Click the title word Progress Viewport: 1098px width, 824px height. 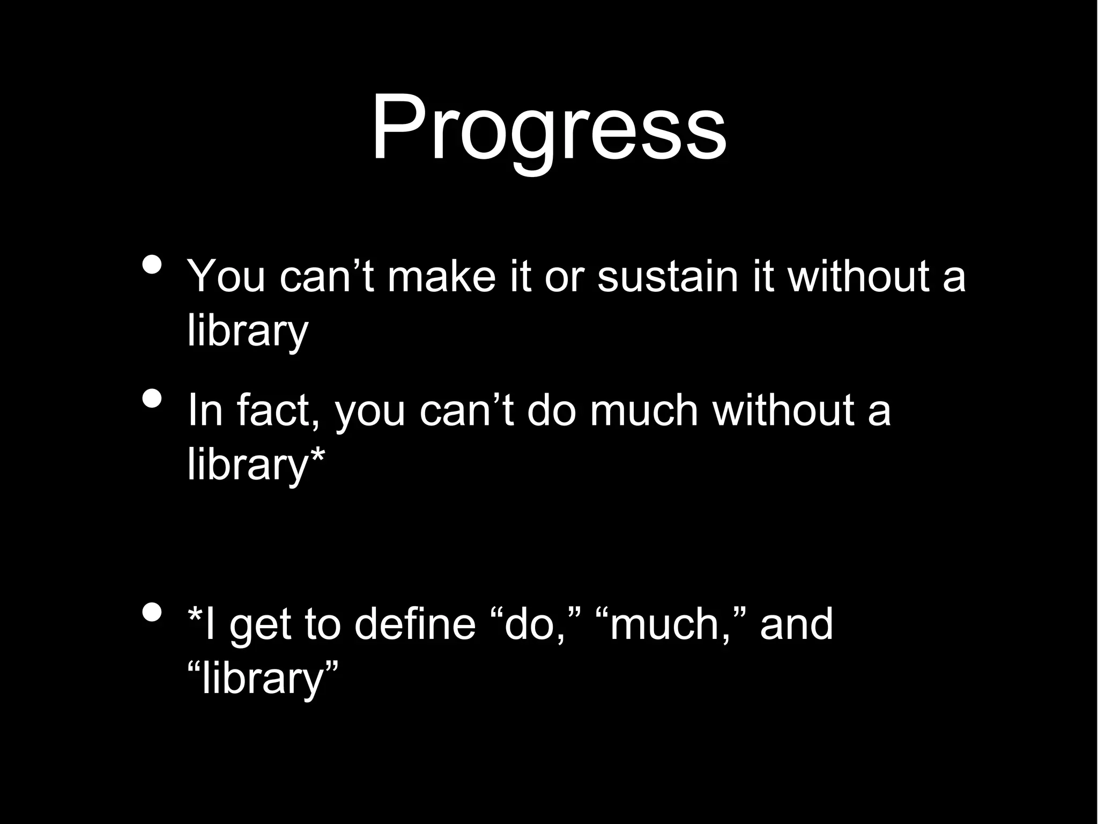point(548,129)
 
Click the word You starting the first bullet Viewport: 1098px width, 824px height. point(226,277)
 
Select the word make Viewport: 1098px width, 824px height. point(441,277)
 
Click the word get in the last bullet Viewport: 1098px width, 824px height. point(259,627)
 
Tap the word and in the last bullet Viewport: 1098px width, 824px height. point(796,624)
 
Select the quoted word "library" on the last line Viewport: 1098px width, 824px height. point(263,678)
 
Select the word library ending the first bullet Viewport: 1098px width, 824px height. point(248,331)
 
